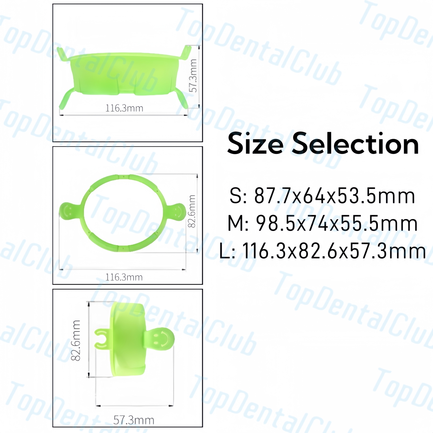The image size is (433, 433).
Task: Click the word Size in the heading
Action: tap(255, 144)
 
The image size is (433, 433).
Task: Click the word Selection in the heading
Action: tap(355, 144)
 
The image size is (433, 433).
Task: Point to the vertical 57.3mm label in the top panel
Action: tap(193, 76)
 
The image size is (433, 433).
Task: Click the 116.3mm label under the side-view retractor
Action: tap(124, 108)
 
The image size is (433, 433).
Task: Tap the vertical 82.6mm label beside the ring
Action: tap(192, 211)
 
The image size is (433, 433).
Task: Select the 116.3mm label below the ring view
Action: tap(124, 277)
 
